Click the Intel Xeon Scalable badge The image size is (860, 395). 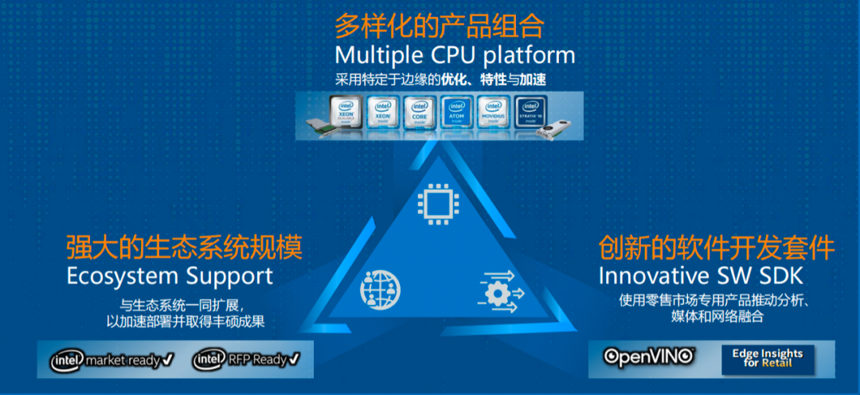347,115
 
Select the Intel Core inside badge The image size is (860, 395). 418,115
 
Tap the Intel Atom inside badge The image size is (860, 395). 456,115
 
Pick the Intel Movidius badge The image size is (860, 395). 493,115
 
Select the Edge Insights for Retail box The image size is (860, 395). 768,358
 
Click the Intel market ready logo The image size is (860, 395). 112,359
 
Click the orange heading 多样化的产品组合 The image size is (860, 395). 439,25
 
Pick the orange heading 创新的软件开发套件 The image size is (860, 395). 716,247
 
